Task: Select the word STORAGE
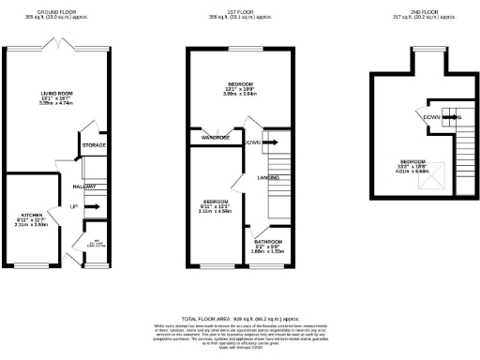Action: click(x=93, y=145)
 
